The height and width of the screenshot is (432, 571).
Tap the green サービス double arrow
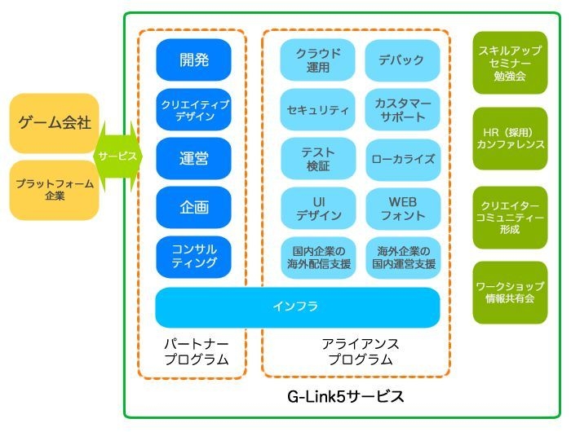click(x=117, y=156)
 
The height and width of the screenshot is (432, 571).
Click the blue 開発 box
click(x=193, y=60)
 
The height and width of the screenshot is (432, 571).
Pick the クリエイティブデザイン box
click(x=193, y=109)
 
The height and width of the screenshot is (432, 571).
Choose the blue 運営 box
click(x=193, y=158)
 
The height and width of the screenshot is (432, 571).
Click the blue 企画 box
click(x=193, y=207)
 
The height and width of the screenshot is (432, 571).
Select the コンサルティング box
click(x=193, y=256)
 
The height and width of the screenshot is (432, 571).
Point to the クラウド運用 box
click(x=317, y=60)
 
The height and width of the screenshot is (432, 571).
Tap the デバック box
click(x=401, y=60)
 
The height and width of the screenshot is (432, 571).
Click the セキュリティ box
click(x=317, y=109)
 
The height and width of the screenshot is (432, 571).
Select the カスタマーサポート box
click(x=401, y=109)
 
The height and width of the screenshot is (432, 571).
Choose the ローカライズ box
click(x=401, y=158)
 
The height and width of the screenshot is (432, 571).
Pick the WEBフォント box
click(x=401, y=207)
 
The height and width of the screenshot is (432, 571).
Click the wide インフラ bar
click(x=297, y=307)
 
